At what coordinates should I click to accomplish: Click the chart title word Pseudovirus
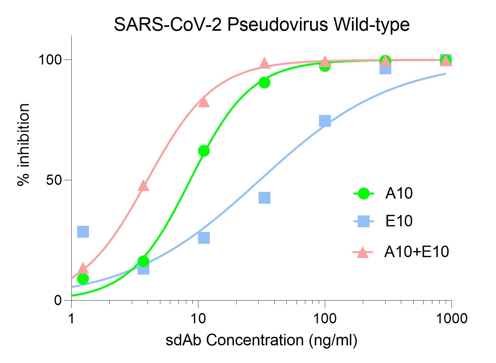tap(277, 25)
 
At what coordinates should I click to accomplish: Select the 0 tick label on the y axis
tap(58, 301)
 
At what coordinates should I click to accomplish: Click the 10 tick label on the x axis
tap(198, 319)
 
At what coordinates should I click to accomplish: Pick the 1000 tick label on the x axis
tap(451, 319)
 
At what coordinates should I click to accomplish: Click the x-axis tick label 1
tap(71, 319)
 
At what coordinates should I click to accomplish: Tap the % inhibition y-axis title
tap(24, 145)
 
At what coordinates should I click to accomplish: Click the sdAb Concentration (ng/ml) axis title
tap(261, 340)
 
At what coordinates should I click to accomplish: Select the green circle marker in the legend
tap(363, 193)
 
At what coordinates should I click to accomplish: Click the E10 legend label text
tap(399, 221)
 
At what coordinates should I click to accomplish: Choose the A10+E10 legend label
tap(417, 252)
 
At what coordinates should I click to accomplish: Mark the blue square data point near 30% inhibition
tap(83, 231)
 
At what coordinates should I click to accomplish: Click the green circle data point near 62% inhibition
tap(204, 151)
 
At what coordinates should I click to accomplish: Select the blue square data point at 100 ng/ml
tap(325, 121)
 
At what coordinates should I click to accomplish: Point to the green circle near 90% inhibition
tap(264, 83)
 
